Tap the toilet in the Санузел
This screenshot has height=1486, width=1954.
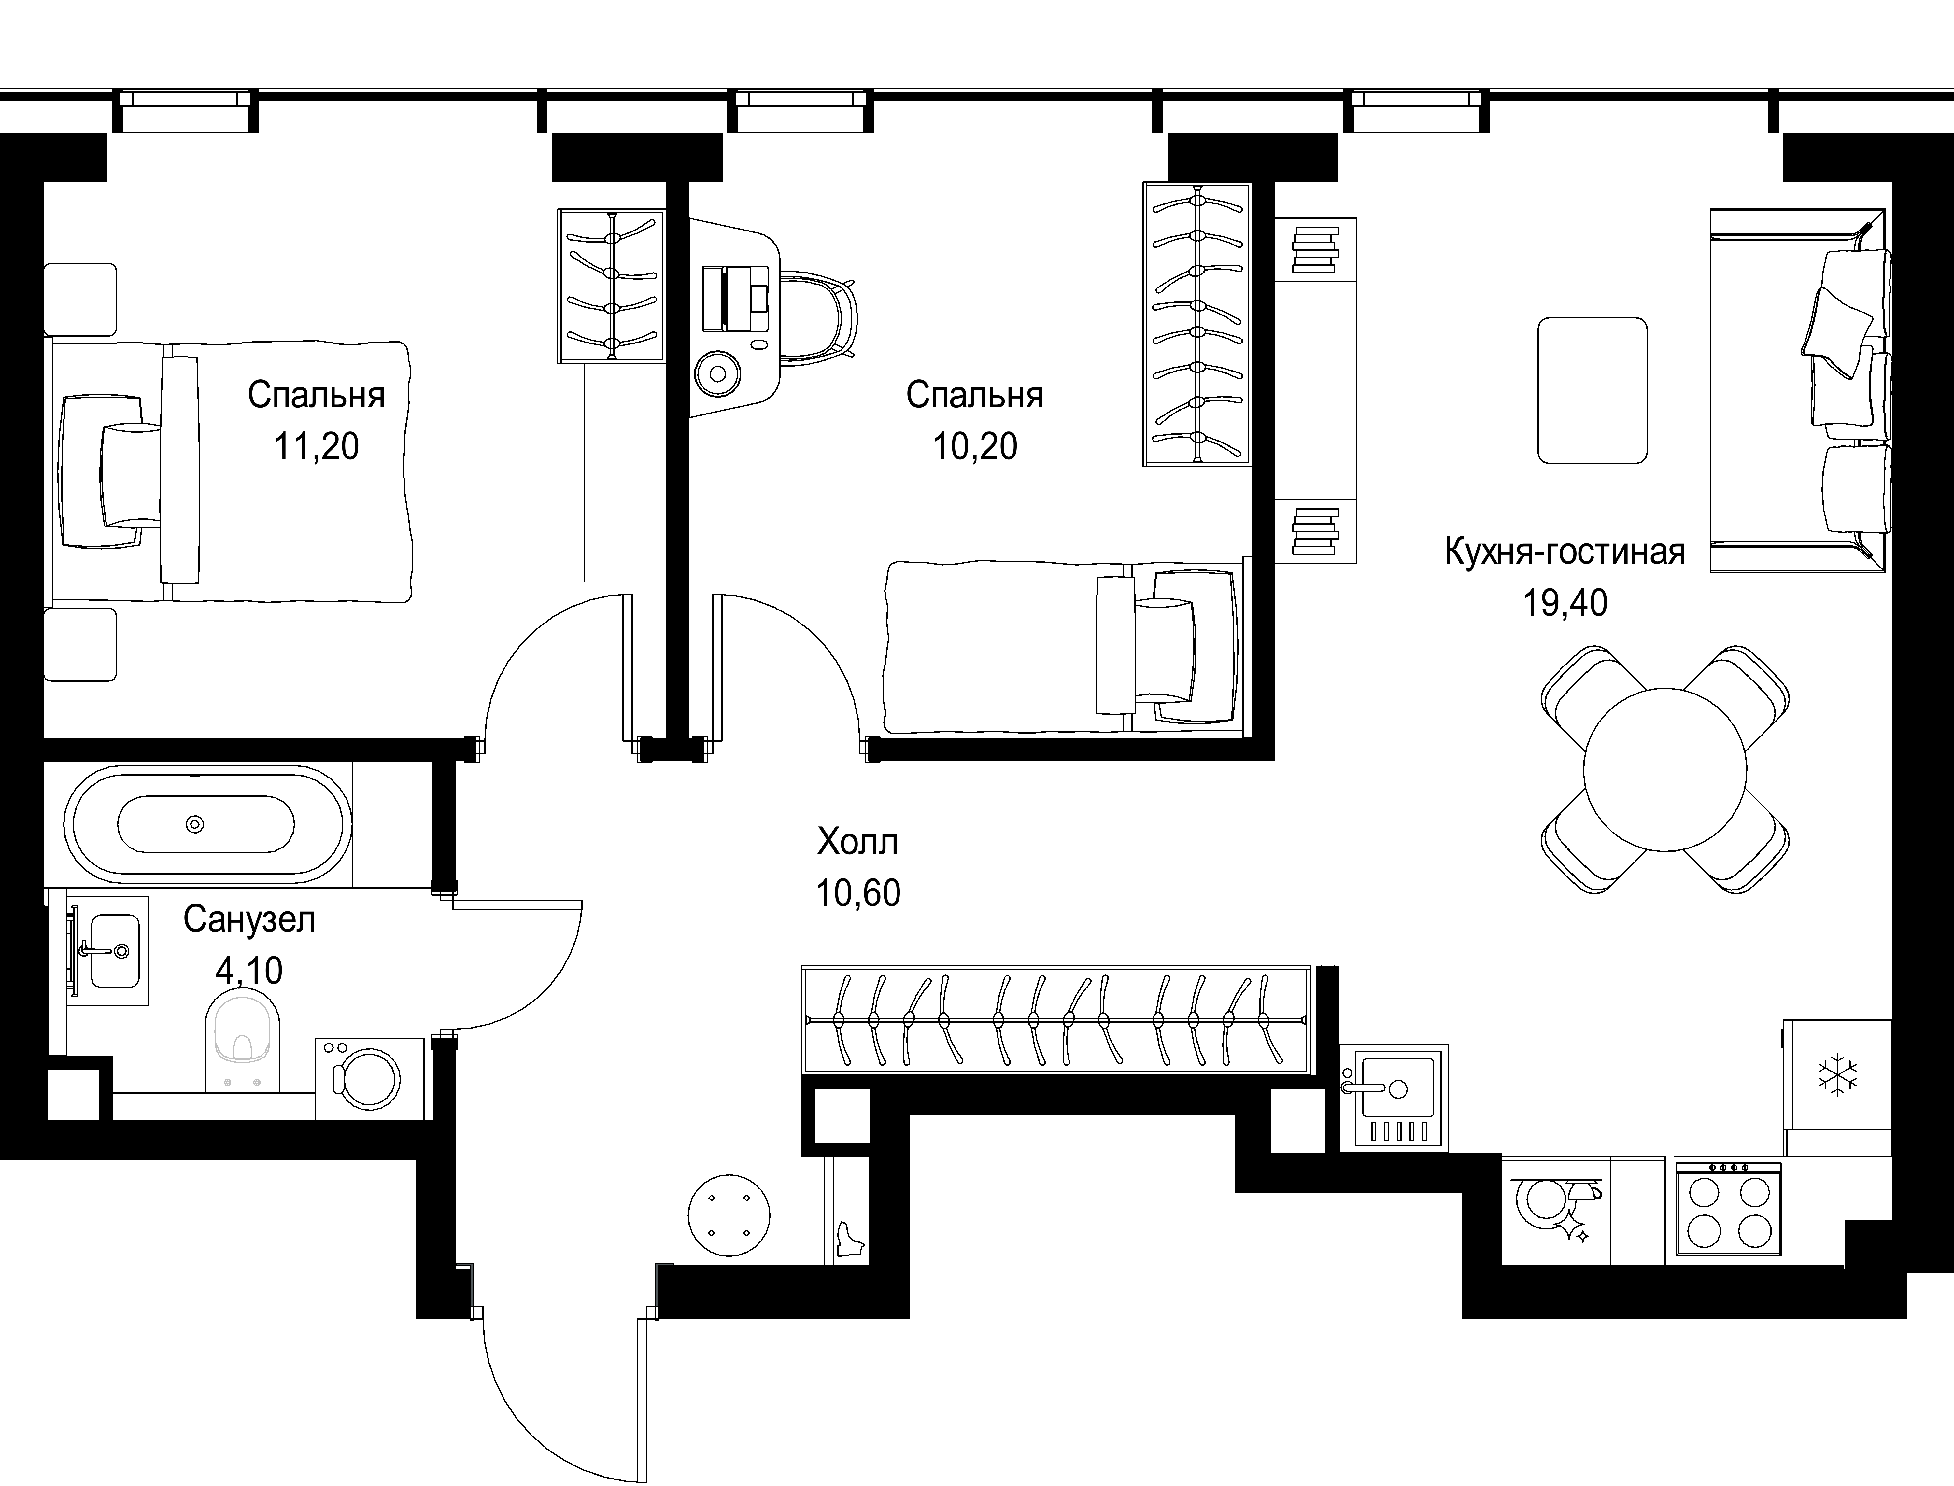click(x=242, y=1039)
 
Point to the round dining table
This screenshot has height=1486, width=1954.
click(x=1665, y=770)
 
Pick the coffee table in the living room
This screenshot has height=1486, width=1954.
click(x=1592, y=390)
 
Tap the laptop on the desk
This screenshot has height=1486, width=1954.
click(x=736, y=298)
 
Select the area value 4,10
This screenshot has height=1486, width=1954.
click(x=249, y=970)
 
